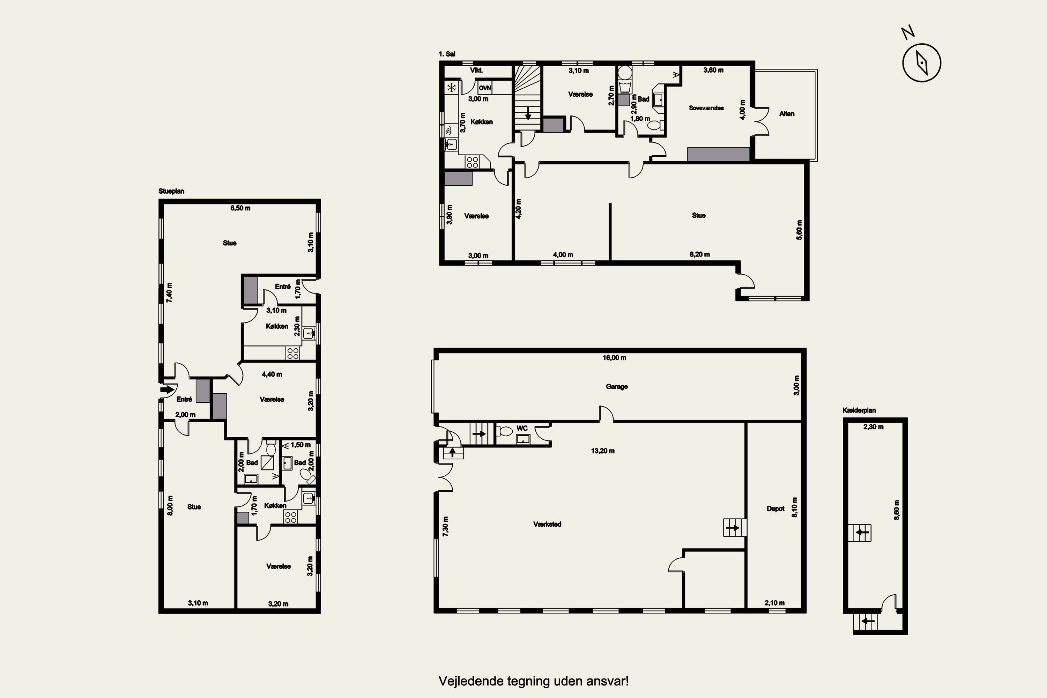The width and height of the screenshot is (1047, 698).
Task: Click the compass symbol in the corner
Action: (x=921, y=63)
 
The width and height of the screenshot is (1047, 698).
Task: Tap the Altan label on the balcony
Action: (x=787, y=113)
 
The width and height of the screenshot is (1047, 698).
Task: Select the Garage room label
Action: (x=617, y=386)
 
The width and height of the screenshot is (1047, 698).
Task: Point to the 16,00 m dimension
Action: (x=614, y=357)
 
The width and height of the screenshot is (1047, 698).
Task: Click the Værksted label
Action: (x=547, y=524)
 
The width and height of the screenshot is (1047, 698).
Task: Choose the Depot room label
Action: (x=775, y=508)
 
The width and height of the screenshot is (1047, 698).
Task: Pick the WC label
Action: (x=522, y=428)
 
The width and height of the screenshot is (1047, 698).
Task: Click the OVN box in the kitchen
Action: (x=485, y=88)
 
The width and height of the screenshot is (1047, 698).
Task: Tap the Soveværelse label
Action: (x=706, y=108)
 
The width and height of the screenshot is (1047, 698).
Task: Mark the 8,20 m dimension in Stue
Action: (x=700, y=254)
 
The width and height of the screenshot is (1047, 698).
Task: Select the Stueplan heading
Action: (x=171, y=191)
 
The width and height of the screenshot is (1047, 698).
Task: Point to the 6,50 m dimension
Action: (x=240, y=208)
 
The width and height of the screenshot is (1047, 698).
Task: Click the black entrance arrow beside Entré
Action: (x=167, y=389)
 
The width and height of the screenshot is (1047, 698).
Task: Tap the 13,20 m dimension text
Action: (x=603, y=451)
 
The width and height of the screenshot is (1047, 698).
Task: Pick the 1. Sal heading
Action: (x=447, y=54)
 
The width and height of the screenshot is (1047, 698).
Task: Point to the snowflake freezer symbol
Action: (x=451, y=87)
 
